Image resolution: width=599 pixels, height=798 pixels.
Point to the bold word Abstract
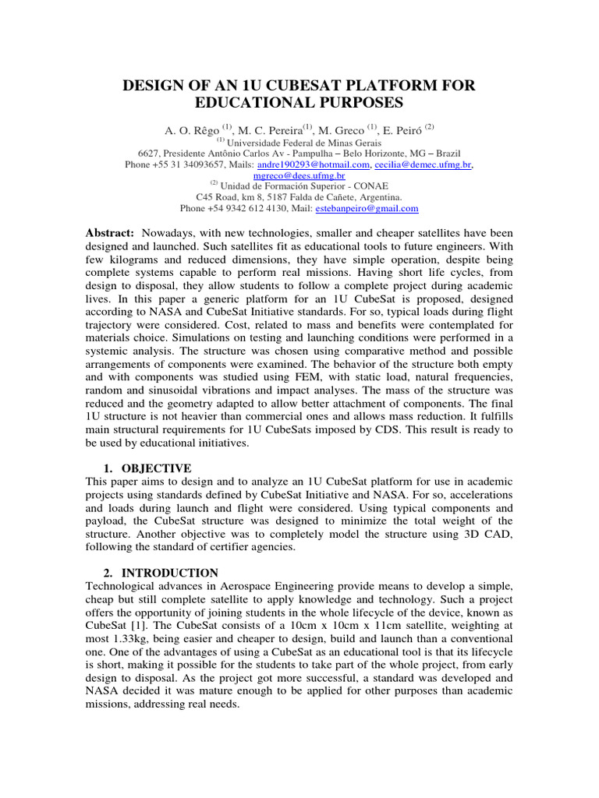click(x=108, y=234)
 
